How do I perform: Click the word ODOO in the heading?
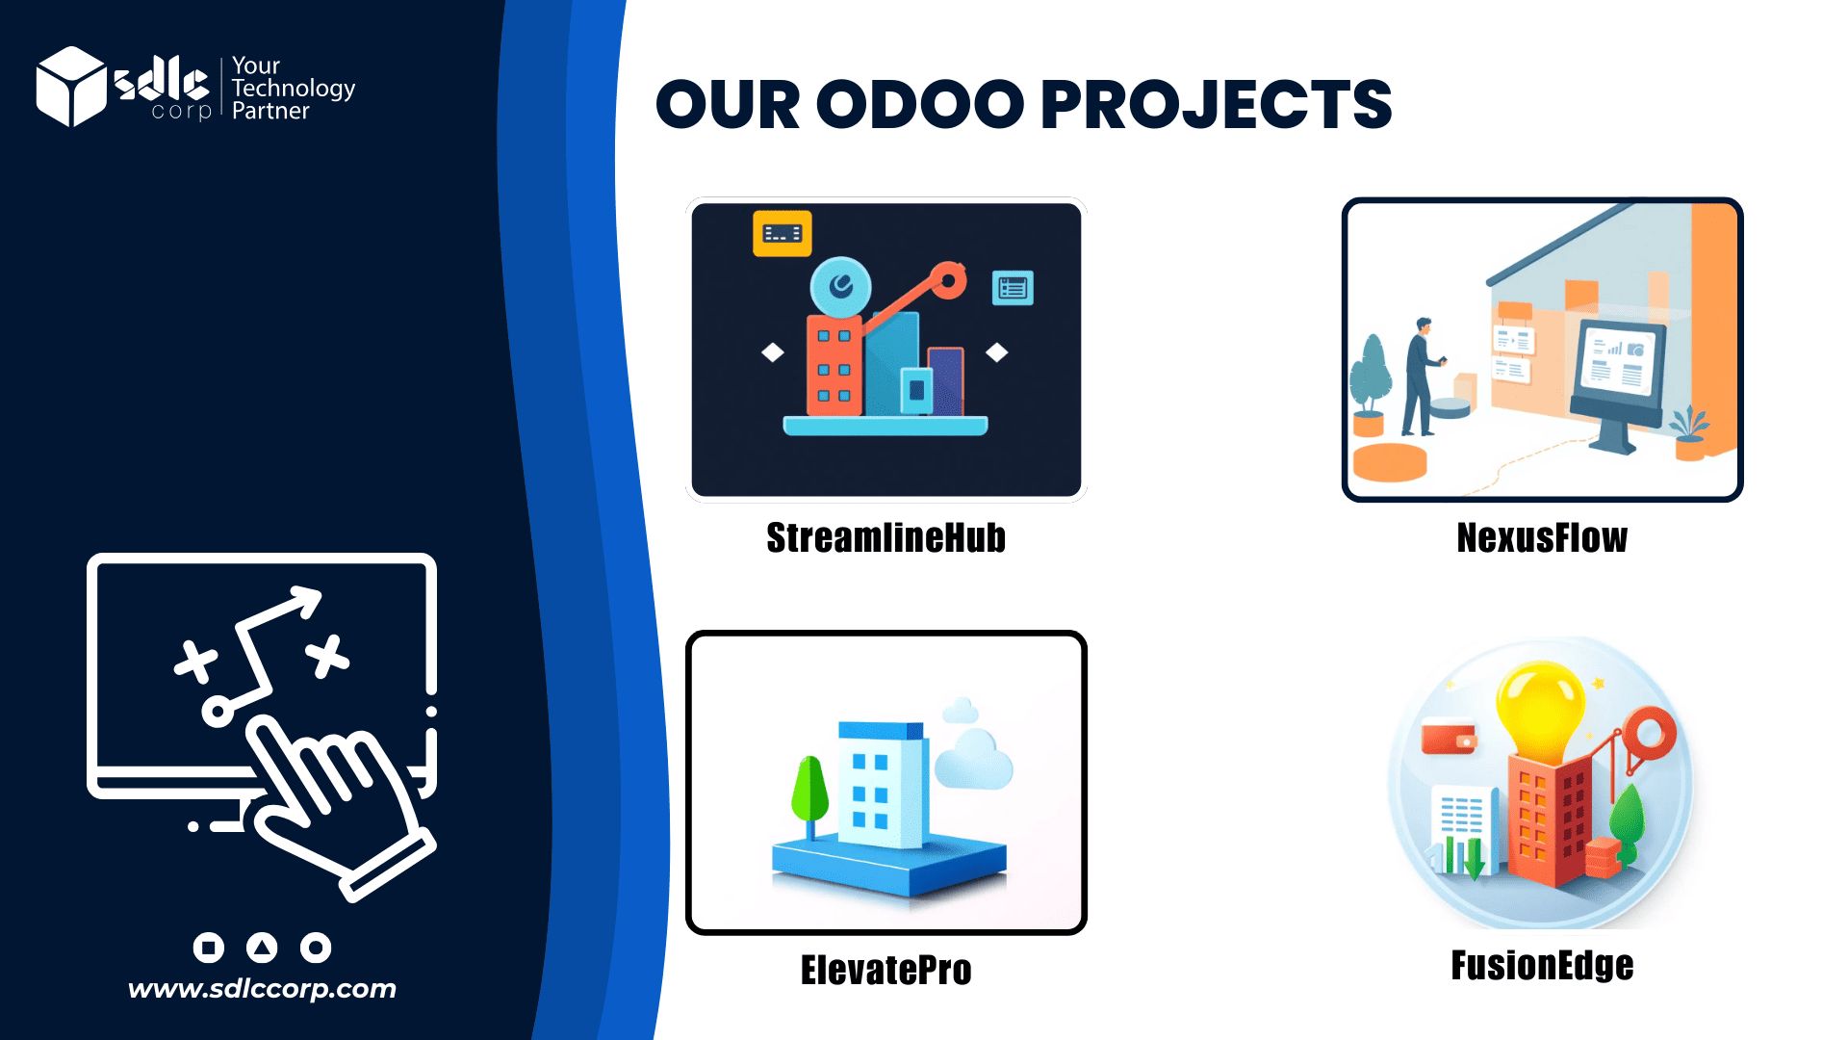pos(921,104)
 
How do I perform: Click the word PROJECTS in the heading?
pos(1217,105)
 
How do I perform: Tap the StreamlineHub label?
pos(885,537)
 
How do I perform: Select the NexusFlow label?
pos(1542,537)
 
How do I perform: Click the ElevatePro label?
pos(885,970)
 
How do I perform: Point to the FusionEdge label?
pos(1542,965)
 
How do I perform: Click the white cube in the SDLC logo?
pos(70,87)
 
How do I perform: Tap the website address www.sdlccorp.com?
pos(262,989)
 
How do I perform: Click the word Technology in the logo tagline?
pos(294,88)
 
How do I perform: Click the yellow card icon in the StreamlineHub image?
pos(782,233)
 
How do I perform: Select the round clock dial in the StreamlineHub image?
pos(840,286)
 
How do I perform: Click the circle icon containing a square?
pos(209,948)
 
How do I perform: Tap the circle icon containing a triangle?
pos(262,948)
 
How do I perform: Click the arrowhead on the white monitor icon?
pos(307,599)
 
